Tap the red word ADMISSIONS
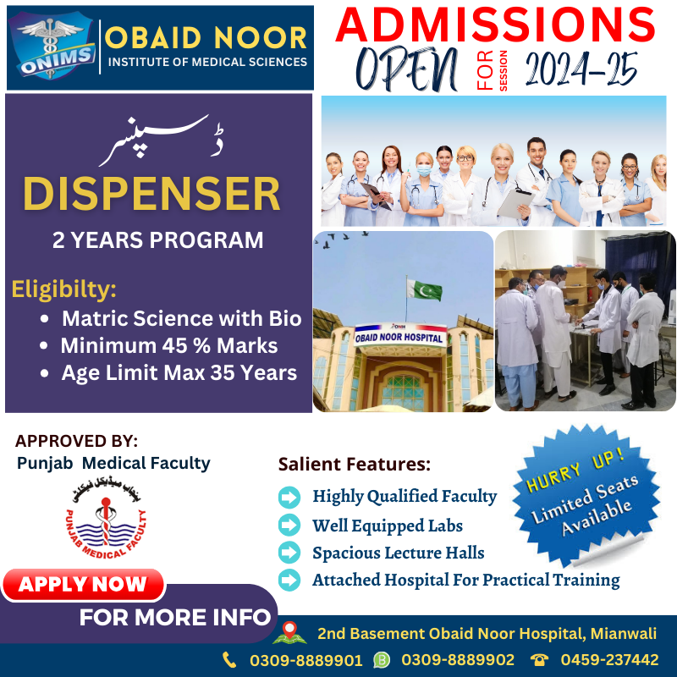(496, 25)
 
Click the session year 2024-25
(581, 69)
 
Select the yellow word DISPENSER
(151, 195)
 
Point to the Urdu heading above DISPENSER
(161, 140)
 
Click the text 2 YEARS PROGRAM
(157, 239)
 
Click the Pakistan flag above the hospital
(424, 289)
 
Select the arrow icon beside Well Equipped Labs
(289, 525)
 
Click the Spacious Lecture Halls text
(398, 553)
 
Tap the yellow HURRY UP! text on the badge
(575, 471)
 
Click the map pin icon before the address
(289, 632)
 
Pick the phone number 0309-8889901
(305, 660)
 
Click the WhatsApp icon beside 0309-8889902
(382, 660)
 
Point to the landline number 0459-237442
(609, 660)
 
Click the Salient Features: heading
(355, 464)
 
